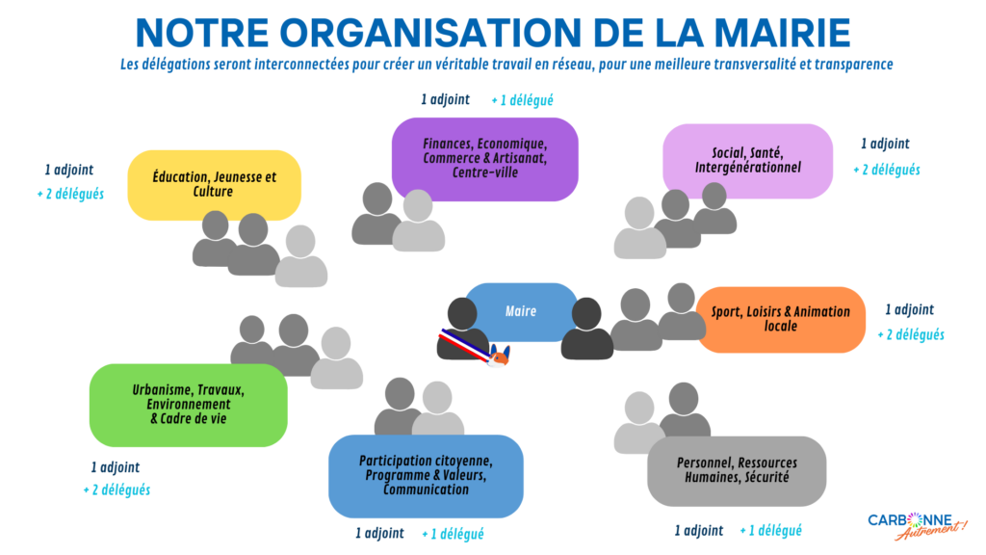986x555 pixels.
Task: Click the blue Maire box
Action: (521, 311)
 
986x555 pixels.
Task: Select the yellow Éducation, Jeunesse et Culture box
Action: (214, 184)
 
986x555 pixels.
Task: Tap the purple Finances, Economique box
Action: (484, 158)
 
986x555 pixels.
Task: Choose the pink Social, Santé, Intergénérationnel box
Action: (747, 160)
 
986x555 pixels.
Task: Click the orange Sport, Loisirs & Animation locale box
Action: (781, 319)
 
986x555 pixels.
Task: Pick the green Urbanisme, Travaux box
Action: (188, 405)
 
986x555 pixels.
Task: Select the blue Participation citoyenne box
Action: (426, 475)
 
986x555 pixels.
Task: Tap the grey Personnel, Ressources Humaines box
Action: (736, 469)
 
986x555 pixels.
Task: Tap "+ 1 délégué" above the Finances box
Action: (522, 99)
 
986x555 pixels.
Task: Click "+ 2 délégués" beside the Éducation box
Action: (69, 193)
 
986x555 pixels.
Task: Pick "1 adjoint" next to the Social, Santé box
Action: (885, 144)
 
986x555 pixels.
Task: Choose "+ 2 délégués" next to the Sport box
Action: (910, 334)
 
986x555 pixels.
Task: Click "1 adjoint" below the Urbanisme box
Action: (116, 466)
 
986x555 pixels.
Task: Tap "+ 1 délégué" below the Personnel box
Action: (770, 530)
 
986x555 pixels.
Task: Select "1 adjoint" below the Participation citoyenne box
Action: (379, 533)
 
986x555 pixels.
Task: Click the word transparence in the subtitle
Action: (848, 64)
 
